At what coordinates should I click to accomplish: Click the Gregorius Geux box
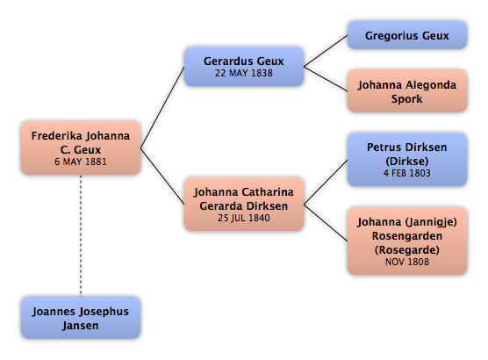tap(406, 35)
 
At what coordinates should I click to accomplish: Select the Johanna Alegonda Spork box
tap(406, 91)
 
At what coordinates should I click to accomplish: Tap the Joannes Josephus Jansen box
tap(81, 318)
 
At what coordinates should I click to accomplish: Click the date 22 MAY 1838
tap(244, 73)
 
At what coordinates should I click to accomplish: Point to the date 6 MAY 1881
tap(81, 162)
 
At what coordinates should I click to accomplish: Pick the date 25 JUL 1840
tap(244, 218)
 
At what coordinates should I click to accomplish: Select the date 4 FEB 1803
tap(406, 173)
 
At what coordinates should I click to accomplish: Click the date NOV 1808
tap(407, 262)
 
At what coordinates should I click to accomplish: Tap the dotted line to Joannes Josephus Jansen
tap(81, 235)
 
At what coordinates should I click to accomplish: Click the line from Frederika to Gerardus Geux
tap(162, 107)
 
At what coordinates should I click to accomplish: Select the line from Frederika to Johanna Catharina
tap(162, 176)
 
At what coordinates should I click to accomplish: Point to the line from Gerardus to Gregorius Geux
tap(326, 51)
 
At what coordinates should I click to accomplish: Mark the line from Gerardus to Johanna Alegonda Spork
tap(326, 79)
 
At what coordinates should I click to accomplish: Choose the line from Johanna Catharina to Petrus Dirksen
tap(326, 182)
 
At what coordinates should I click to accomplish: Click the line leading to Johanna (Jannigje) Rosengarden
tap(326, 223)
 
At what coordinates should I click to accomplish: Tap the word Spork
tap(406, 99)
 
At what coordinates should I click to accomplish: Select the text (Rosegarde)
tap(407, 250)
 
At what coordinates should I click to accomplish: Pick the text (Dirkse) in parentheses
tap(407, 162)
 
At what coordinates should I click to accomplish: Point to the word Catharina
tap(268, 192)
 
